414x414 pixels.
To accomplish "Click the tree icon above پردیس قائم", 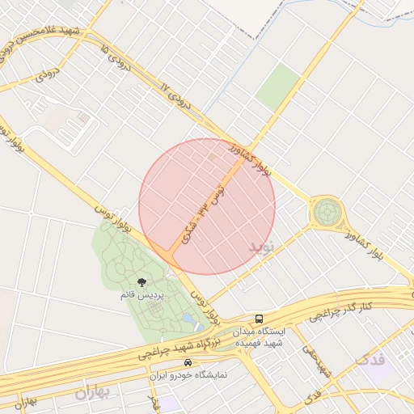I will pos(142,282).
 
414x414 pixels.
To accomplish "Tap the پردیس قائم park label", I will pos(142,296).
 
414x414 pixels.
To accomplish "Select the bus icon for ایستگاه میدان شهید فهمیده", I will pos(259,319).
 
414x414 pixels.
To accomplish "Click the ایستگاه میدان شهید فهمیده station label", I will pos(258,337).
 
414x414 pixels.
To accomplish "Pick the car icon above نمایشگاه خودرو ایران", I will pos(188,363).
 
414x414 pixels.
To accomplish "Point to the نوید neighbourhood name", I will pos(262,243).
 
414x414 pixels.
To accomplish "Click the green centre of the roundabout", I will pos(327,213).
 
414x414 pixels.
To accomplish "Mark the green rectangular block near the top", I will pos(278,86).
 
